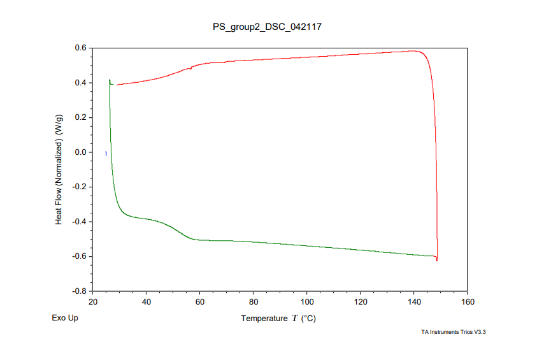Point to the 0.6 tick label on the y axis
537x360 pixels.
tap(81, 48)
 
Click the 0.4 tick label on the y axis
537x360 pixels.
tap(81, 83)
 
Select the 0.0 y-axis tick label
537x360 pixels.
tap(81, 152)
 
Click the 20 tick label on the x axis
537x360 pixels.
tap(93, 302)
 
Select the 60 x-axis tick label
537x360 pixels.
tap(200, 302)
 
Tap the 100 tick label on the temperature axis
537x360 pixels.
tap(307, 302)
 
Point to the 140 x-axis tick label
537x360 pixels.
tap(414, 302)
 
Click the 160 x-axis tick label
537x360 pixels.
tap(468, 302)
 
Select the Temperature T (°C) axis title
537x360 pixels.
tap(278, 318)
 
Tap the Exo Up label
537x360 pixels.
tap(65, 318)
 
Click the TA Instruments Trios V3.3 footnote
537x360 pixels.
tap(457, 332)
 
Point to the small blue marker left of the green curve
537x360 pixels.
tap(106, 154)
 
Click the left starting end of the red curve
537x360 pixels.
tap(117, 85)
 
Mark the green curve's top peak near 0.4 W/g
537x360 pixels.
tap(110, 80)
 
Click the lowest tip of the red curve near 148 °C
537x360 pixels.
tap(437, 261)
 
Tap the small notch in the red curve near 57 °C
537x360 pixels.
tap(190, 68)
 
